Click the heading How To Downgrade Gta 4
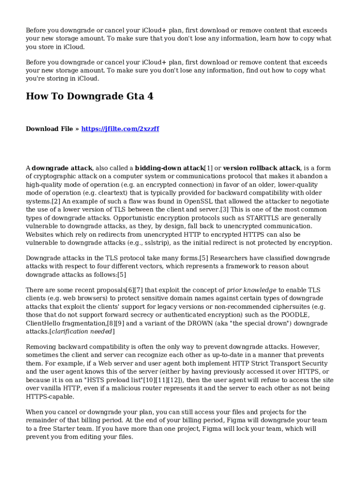pos(89,97)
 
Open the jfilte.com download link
pos(120,129)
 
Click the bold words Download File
pos(49,129)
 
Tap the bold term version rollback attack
pos(261,168)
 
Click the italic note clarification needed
pos(82,332)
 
